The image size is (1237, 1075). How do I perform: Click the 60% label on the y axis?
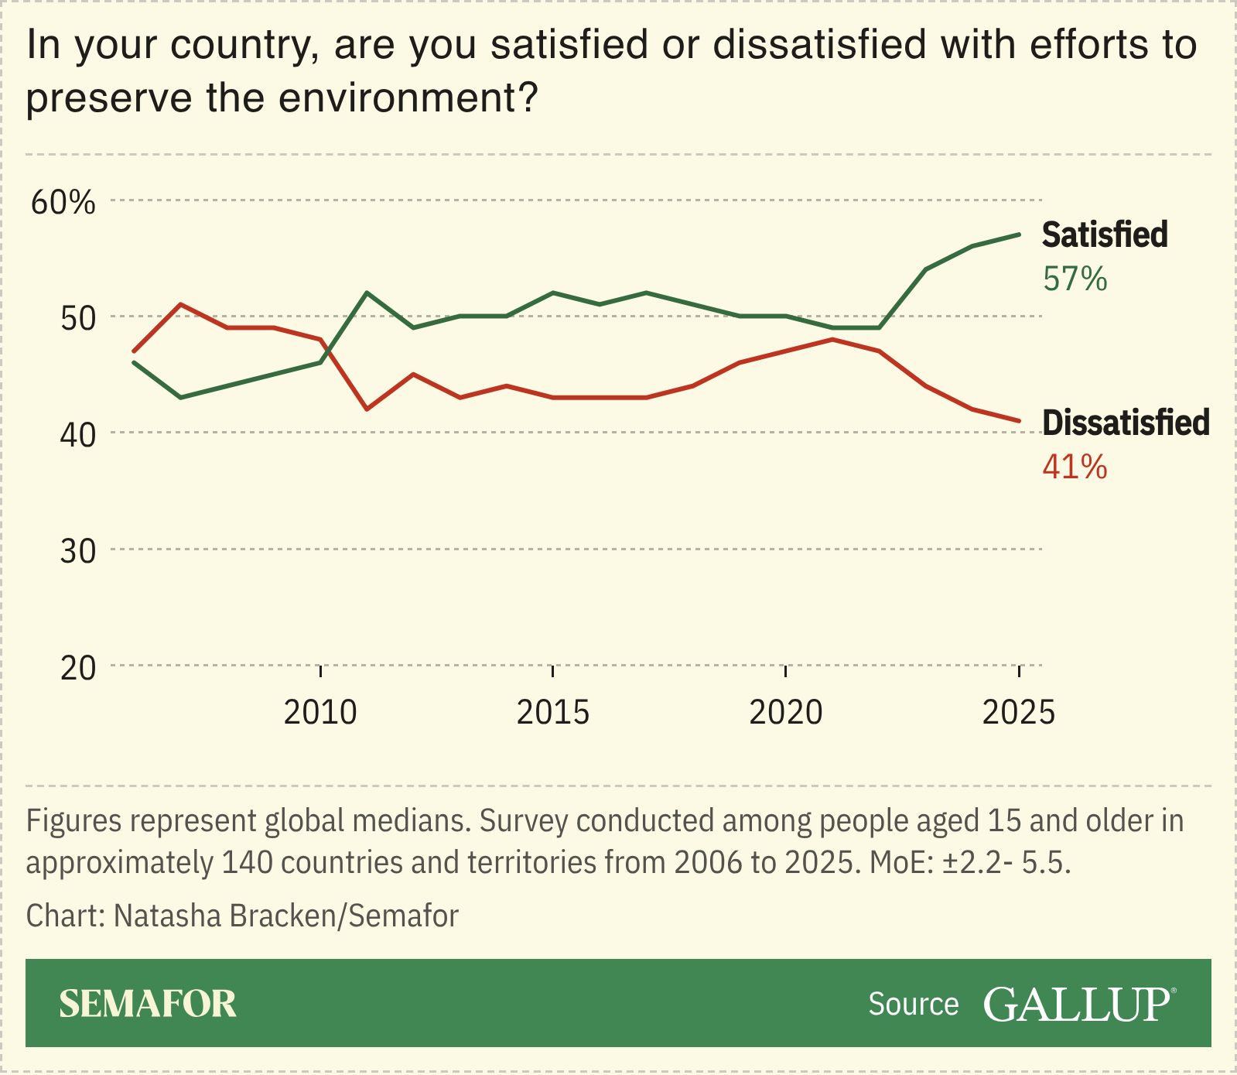(63, 202)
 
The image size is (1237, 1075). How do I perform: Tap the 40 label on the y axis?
(77, 434)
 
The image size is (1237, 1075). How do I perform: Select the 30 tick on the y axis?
(77, 551)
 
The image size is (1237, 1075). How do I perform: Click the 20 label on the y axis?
(77, 667)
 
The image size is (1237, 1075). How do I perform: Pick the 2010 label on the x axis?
(320, 712)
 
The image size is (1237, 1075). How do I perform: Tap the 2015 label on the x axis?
(552, 712)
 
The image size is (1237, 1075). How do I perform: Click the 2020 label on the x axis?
(785, 712)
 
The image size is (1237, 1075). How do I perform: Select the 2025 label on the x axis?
(1018, 712)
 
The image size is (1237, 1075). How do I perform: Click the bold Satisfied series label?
(1104, 235)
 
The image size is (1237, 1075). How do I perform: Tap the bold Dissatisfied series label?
(1125, 423)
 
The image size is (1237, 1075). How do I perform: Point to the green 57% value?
(1075, 279)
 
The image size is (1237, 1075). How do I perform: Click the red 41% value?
(1075, 467)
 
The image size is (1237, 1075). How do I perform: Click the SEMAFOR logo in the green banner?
(148, 1004)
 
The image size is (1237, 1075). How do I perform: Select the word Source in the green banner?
(913, 1004)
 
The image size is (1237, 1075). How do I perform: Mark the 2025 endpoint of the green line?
(1019, 235)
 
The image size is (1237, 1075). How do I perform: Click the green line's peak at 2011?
(367, 293)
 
